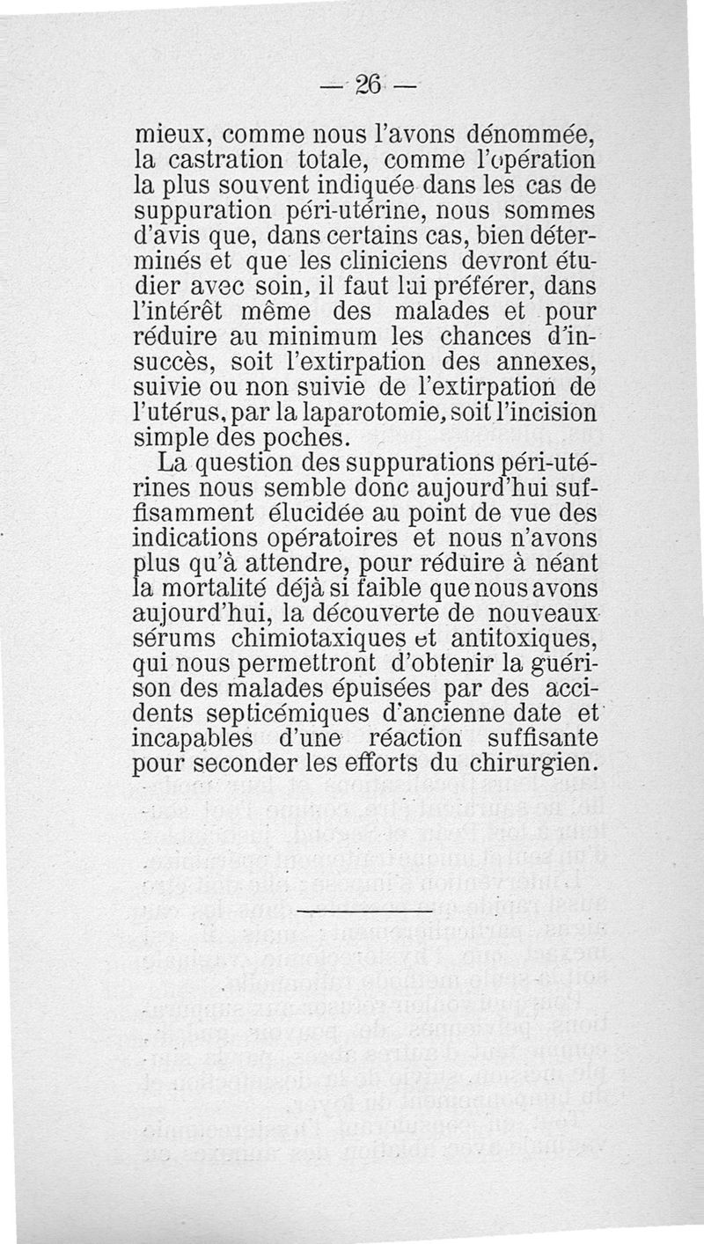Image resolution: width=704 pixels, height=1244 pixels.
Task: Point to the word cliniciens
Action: click(376, 261)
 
